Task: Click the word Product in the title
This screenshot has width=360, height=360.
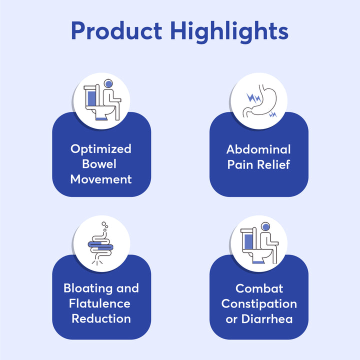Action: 116,31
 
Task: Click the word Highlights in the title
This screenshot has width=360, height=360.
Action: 229,31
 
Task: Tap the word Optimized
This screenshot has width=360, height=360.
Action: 101,149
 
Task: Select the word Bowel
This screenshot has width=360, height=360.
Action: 99,164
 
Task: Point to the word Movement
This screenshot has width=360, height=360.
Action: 101,179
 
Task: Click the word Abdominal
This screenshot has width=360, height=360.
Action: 258,149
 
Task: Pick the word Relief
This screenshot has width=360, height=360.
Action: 273,164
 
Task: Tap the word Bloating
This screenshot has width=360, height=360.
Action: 88,288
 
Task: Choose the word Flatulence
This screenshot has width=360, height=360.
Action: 99,303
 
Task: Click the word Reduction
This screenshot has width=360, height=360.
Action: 101,318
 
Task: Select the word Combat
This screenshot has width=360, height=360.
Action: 259,288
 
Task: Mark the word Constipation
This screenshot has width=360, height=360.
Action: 259,304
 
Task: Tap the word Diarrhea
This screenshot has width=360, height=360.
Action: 267,319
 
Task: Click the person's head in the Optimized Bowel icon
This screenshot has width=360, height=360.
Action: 108,84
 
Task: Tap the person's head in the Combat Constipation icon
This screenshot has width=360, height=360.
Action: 265,227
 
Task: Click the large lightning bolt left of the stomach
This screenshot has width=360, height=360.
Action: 253,98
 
